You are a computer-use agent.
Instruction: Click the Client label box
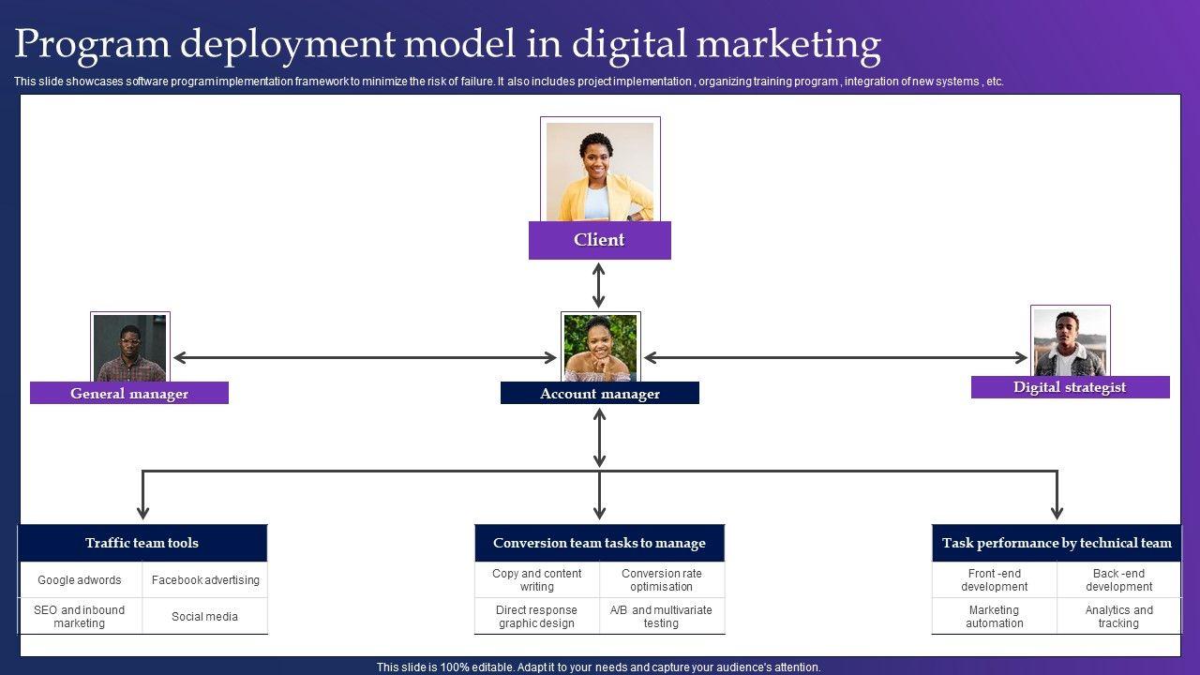click(599, 240)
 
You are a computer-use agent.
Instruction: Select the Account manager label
click(599, 394)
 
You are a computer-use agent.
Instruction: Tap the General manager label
click(129, 394)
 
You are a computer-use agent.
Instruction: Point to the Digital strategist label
click(1070, 387)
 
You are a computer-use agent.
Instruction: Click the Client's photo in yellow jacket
click(600, 171)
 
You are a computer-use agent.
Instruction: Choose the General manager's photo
click(130, 347)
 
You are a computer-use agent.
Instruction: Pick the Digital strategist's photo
click(1070, 342)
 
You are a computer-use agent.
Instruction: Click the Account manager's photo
click(600, 348)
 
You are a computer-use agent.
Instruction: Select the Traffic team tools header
click(142, 543)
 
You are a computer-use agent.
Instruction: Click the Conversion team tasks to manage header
click(599, 543)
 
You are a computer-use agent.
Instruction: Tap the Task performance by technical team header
click(1057, 543)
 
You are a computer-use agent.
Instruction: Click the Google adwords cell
click(80, 580)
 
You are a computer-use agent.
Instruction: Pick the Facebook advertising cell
click(205, 580)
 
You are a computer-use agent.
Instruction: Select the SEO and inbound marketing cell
click(80, 617)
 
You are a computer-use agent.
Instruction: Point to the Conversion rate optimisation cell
click(662, 580)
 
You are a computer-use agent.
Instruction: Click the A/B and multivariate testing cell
click(662, 617)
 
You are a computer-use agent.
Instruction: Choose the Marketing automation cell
click(994, 617)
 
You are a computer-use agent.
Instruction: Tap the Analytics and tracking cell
click(1119, 617)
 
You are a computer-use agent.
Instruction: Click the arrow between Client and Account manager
click(599, 285)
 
